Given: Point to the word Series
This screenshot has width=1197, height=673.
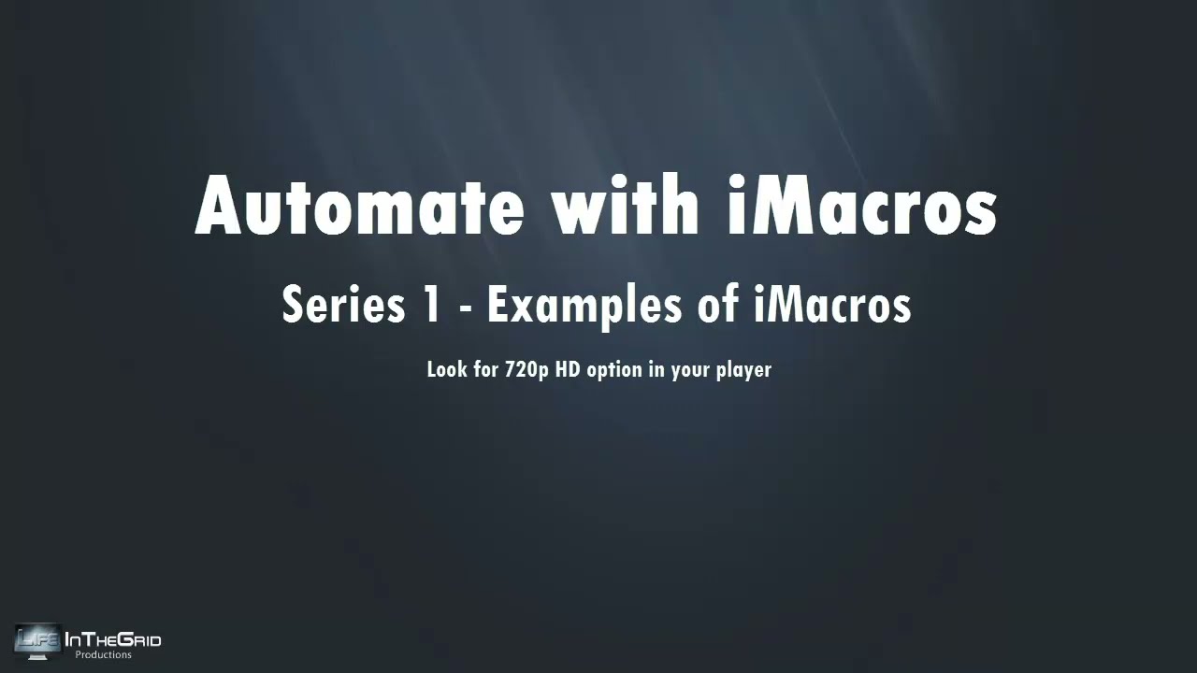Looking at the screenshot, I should point(332,305).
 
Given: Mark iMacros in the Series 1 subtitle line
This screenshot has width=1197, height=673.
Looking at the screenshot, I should point(831,305).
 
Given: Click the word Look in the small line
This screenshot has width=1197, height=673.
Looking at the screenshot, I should point(445,369).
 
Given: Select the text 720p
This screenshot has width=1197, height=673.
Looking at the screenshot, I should point(526,370).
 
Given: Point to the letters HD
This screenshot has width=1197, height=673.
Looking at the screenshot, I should point(568,369).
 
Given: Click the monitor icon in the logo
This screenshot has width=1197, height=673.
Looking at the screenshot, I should point(38,641).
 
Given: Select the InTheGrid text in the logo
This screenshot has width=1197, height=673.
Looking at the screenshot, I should point(112,640).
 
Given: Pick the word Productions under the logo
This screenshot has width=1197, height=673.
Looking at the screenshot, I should point(103,655).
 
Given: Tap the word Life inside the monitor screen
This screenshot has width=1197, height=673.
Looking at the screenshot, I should point(38,639).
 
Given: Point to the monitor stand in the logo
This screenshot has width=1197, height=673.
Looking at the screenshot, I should point(38,657).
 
